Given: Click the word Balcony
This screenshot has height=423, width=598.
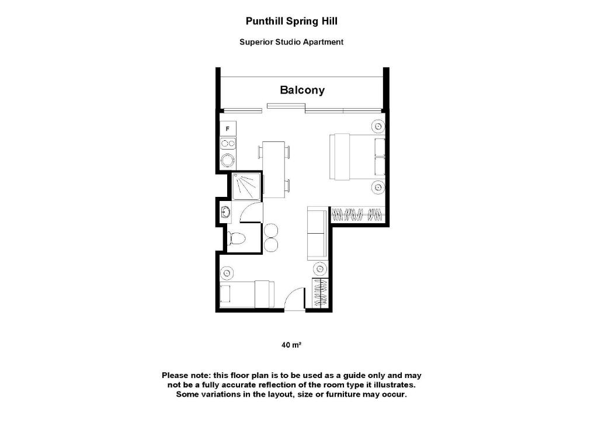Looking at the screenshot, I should point(302,90).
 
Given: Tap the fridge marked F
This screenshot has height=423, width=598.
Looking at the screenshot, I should point(227,128).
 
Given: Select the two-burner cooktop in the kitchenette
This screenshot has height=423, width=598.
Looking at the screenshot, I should point(227,143).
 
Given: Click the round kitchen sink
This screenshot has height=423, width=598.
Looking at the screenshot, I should point(227,160).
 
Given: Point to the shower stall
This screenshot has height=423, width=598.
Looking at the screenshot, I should point(245,186).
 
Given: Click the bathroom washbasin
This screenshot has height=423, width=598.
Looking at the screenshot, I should point(225,212).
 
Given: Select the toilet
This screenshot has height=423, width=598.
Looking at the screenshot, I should point(236,238).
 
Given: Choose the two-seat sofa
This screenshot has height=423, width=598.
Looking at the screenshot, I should point(317,233).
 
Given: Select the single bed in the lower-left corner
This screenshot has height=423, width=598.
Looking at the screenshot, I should point(246,293).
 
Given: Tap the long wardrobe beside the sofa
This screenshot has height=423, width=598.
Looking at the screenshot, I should point(358,214).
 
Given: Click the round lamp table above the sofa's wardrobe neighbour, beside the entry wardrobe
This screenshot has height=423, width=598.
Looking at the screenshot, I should point(320,268).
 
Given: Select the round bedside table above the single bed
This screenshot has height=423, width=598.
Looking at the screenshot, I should point(227,272).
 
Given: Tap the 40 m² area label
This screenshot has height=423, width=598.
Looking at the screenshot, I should point(291,345).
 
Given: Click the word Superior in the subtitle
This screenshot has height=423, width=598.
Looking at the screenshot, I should point(256,42).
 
